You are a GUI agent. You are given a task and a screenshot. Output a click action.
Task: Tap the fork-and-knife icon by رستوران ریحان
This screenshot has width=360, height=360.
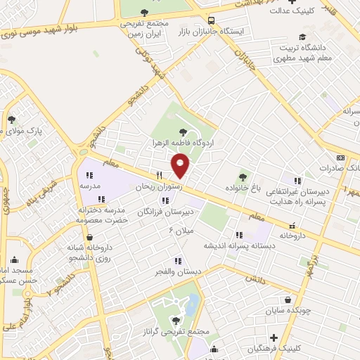pos(160,176)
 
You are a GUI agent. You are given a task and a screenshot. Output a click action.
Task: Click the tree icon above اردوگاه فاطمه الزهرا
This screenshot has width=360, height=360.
pos(184,131)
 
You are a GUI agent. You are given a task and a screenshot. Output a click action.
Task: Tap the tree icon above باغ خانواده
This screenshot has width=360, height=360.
pos(243,176)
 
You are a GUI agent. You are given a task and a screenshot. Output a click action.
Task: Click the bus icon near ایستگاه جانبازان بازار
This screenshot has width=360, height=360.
pos(212,20)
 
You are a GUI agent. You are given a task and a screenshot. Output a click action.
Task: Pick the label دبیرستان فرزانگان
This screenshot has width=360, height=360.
pos(165,212)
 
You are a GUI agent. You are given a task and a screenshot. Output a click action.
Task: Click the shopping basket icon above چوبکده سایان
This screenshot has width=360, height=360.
pos(287,299)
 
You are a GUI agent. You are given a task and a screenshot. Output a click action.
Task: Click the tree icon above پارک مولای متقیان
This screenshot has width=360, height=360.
pos(11,120)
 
